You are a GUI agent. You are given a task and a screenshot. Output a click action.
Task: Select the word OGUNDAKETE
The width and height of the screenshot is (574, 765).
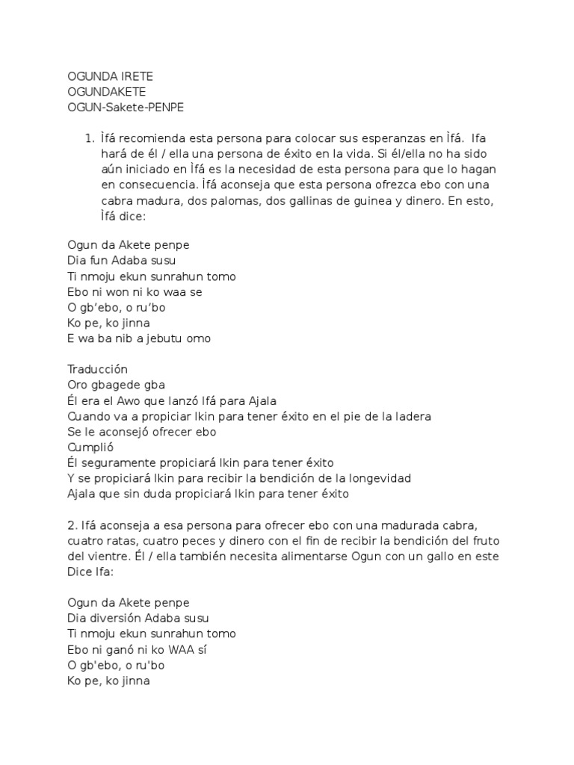(106, 92)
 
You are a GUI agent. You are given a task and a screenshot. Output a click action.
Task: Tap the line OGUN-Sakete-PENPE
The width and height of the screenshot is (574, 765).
(125, 107)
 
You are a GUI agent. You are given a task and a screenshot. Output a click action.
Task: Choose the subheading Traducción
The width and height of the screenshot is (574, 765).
(97, 369)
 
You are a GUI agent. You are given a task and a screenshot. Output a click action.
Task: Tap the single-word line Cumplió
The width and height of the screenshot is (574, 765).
(90, 447)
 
